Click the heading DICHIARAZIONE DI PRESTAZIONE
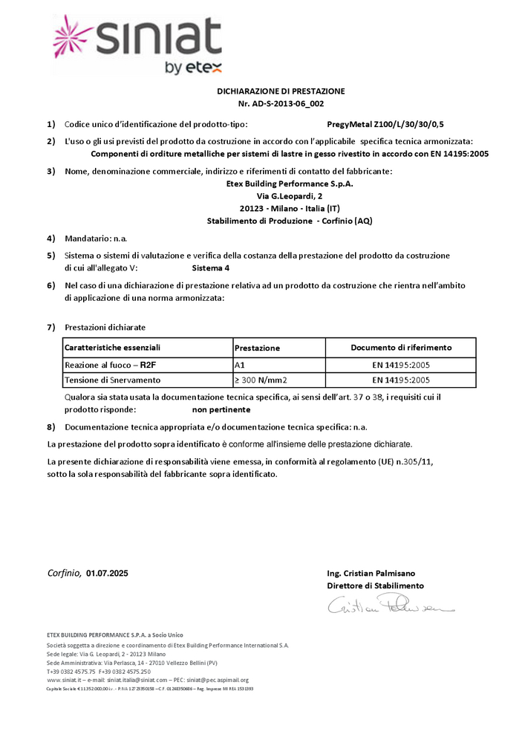281,91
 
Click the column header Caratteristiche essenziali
113,348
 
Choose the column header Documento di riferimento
401,348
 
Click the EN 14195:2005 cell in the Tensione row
401,380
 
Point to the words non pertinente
221,409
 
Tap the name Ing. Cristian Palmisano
371,574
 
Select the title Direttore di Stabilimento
375,586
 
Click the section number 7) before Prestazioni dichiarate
51,327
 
